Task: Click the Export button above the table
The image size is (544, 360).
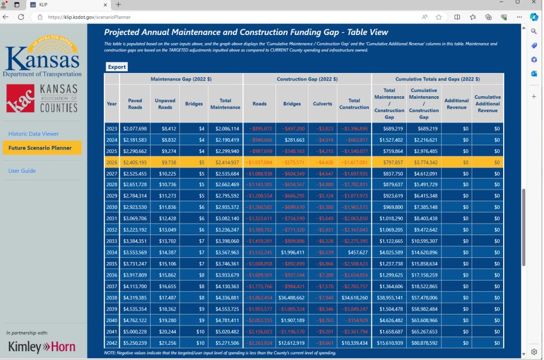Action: tap(117, 67)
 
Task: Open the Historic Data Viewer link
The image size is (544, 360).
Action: tap(33, 134)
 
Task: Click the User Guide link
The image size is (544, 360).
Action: tap(22, 171)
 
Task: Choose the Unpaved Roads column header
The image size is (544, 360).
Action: tap(165, 103)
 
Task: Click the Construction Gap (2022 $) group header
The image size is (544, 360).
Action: tap(306, 79)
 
